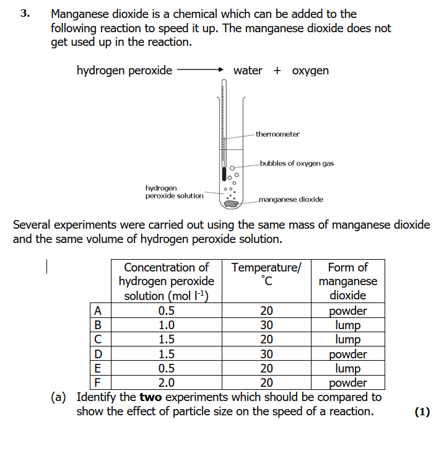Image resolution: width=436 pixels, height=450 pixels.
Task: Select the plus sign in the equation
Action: [276, 71]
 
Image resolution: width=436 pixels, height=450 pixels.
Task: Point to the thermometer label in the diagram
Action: [277, 134]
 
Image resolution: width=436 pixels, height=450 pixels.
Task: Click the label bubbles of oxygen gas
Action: [297, 164]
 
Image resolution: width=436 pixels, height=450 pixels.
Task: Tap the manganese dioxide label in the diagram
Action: [290, 200]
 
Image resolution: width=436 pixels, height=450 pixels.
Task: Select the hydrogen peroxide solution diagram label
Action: [174, 192]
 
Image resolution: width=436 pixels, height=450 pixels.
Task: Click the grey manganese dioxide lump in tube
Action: [230, 202]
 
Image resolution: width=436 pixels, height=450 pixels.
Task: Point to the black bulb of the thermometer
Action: [224, 175]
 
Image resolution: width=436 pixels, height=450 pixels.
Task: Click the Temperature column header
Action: [266, 275]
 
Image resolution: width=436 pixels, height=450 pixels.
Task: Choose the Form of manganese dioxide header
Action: [347, 281]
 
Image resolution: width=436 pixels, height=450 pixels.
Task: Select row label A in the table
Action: [97, 311]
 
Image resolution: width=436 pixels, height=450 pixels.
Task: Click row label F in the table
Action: [97, 382]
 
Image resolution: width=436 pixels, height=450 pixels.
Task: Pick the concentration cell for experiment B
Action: [166, 325]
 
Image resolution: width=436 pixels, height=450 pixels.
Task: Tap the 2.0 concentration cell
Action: [166, 382]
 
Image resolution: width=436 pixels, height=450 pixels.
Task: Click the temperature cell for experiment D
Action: [266, 354]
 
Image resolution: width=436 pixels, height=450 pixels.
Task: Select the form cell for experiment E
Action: [347, 368]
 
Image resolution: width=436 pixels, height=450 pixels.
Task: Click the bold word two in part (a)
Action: [152, 397]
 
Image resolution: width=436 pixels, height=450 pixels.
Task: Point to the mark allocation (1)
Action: [422, 412]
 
